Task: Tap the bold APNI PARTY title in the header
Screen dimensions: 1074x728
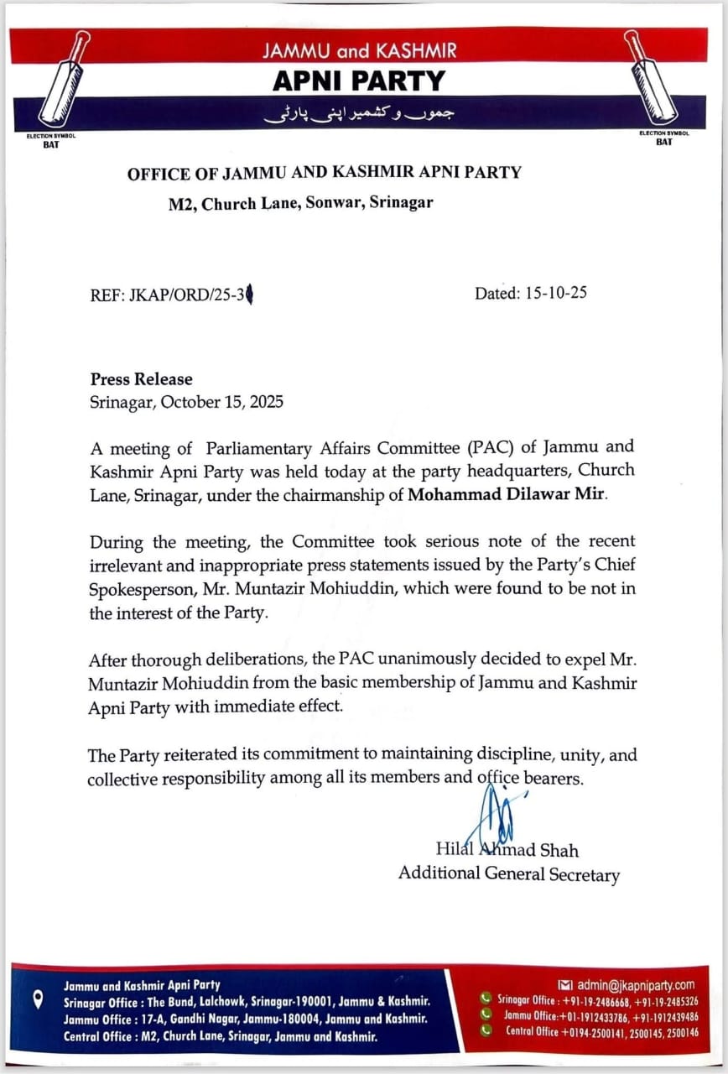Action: point(360,81)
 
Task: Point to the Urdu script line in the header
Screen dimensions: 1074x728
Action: point(360,115)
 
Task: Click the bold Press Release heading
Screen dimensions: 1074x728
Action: point(141,379)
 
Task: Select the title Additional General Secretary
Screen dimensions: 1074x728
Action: point(508,874)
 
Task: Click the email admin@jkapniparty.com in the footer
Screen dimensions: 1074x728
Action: point(633,984)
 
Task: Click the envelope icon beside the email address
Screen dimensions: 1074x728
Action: point(564,984)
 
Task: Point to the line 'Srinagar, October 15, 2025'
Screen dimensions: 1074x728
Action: point(186,401)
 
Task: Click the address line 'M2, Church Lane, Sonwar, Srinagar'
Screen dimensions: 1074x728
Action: point(300,202)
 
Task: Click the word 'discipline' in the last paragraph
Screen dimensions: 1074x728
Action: point(490,755)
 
